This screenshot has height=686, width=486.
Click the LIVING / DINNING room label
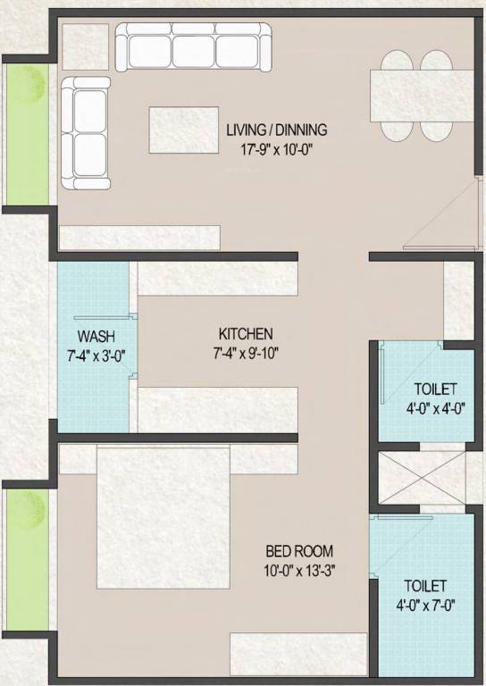[x=276, y=130]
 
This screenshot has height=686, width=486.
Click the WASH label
[x=95, y=337]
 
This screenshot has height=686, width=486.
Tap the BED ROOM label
[x=299, y=551]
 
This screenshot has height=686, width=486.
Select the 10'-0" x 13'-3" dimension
[x=299, y=569]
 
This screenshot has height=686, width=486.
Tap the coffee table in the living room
[x=184, y=130]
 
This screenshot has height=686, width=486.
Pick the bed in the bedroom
[x=163, y=516]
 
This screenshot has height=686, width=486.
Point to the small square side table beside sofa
[x=85, y=46]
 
